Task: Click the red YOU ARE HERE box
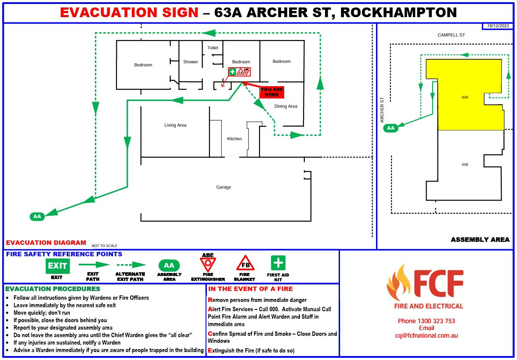(272, 92)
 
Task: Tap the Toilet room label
(213, 47)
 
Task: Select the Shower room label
(191, 62)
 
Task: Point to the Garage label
(223, 187)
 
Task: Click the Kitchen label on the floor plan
(234, 139)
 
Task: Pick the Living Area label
(175, 125)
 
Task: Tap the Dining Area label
(286, 106)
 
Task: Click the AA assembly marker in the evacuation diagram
(37, 216)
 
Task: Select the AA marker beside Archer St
(390, 128)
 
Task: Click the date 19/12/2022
(498, 26)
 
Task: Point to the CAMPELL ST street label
(451, 35)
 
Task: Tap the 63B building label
(465, 164)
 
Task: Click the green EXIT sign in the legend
(57, 266)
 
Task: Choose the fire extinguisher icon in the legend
(208, 265)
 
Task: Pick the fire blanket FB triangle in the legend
(245, 264)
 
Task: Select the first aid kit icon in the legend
(278, 263)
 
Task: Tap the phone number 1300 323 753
(426, 321)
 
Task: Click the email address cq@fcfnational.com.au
(426, 335)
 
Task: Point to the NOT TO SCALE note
(105, 246)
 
